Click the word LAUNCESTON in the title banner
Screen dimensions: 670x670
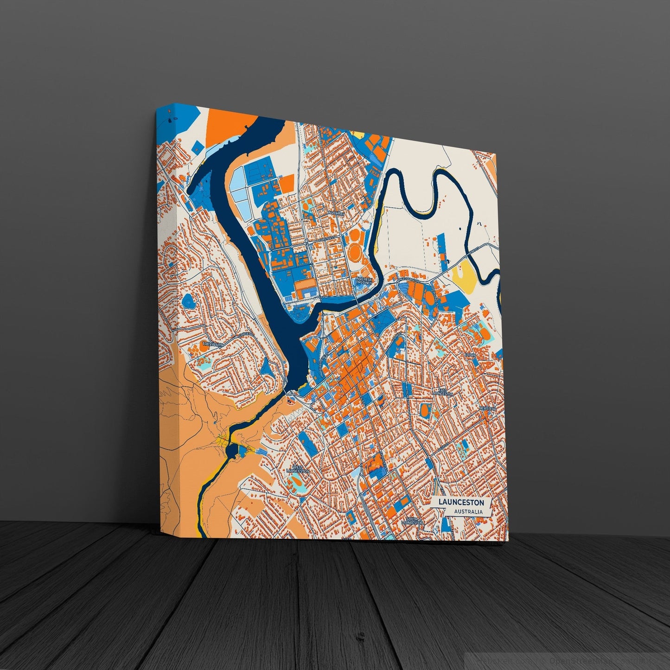tap(461, 502)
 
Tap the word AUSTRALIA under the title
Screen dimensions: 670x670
tap(468, 512)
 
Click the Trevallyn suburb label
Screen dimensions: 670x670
tap(212, 344)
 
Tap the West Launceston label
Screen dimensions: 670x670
tap(298, 469)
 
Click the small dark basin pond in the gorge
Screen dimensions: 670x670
tap(231, 450)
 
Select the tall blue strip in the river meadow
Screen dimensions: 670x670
tap(441, 246)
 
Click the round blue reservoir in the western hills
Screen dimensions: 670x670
tap(189, 300)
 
